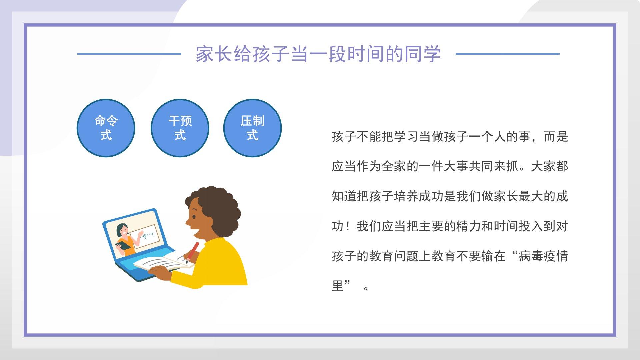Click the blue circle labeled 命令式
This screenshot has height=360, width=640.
click(106, 128)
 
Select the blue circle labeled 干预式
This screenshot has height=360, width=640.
click(180, 128)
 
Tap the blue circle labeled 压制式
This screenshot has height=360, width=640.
click(252, 128)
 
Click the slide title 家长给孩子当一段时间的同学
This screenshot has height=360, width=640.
click(318, 54)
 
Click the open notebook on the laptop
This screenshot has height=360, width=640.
click(163, 262)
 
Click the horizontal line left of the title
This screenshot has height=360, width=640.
click(129, 54)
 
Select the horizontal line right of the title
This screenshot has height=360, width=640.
click(507, 54)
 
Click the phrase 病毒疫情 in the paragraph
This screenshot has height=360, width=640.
click(543, 256)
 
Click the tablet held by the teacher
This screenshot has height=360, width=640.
click(123, 246)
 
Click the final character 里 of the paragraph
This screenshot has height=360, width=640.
click(338, 286)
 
